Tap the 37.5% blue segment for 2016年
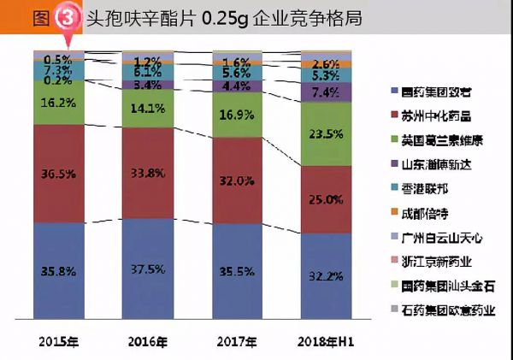(x=148, y=267)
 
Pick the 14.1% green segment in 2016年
(x=148, y=109)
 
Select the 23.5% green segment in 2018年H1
(x=327, y=133)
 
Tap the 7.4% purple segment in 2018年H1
(x=327, y=91)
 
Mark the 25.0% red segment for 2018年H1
(x=327, y=199)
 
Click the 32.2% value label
(x=327, y=276)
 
